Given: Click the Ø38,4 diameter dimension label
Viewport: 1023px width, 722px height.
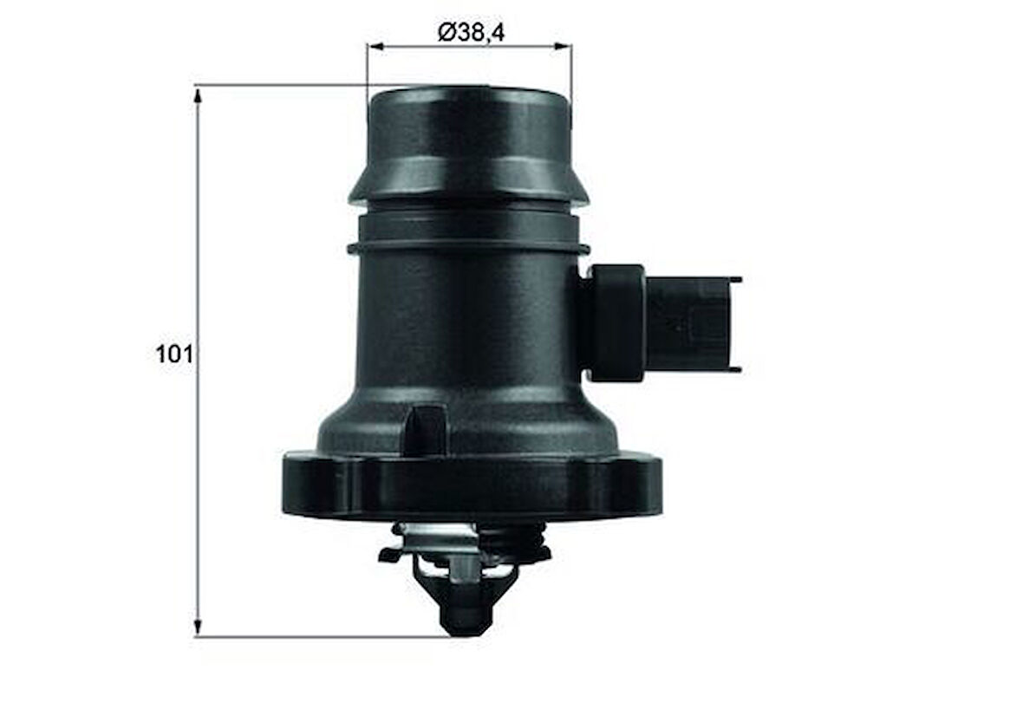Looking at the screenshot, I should coord(471,32).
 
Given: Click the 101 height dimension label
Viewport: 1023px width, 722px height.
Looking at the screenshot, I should coord(173,354).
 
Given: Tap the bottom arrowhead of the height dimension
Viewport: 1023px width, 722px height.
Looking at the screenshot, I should coord(198,628).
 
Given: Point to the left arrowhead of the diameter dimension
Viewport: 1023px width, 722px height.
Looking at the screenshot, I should coord(374,46).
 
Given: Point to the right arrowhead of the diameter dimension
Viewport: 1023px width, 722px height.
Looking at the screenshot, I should coord(565,46).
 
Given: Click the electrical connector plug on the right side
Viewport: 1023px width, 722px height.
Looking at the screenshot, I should coord(689,324).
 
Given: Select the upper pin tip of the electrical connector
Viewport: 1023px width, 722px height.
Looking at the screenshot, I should coord(736,280).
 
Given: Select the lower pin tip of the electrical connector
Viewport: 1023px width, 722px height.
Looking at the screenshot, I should coord(736,369).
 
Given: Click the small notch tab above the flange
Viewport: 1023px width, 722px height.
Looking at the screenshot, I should coord(425,426).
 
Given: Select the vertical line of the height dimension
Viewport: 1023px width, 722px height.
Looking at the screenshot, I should coord(198,260).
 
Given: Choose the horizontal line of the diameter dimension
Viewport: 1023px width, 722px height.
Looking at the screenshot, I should coord(469,46).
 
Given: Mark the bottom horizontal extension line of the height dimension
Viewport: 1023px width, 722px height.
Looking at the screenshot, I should coord(321,636).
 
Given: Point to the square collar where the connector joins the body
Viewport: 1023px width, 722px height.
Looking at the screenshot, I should coord(616,322).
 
